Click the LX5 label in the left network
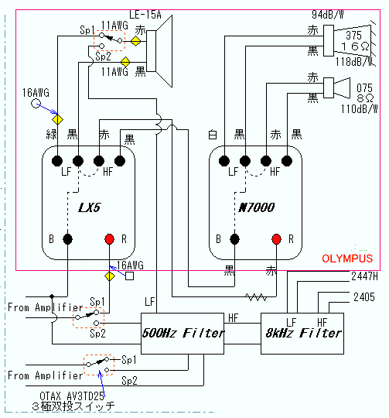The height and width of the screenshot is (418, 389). click(90, 207)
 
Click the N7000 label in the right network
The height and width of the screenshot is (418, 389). click(257, 207)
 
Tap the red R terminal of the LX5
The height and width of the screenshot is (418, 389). click(110, 239)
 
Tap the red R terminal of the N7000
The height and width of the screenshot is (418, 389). click(276, 239)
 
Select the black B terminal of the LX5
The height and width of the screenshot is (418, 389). click(67, 239)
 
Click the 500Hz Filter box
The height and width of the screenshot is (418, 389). click(182, 333)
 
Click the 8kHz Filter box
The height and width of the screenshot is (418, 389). click(302, 333)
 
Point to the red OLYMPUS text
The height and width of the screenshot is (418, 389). click(347, 259)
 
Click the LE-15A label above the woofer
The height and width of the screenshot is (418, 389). click(145, 15)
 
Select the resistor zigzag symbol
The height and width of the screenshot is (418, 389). click(256, 297)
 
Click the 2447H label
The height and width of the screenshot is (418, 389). click(364, 276)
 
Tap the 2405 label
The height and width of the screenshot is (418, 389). click(364, 297)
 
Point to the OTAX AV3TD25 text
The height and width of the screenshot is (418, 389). click(72, 396)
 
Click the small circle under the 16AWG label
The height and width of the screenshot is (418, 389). click(36, 103)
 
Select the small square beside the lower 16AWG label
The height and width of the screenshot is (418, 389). click(129, 276)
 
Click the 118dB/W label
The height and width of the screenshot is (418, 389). click(355, 62)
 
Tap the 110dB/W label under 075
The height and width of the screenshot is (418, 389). click(360, 109)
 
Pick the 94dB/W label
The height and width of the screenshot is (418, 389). click(328, 15)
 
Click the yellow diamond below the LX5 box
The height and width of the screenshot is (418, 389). click(110, 276)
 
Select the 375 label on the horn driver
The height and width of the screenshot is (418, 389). click(354, 36)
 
